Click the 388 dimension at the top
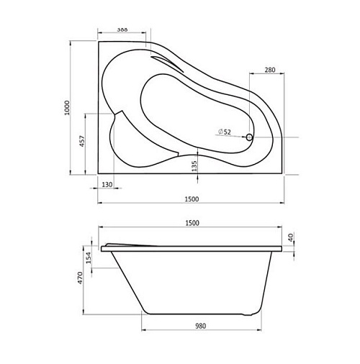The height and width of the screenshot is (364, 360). click(122, 29)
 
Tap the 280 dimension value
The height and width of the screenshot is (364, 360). click(270, 70)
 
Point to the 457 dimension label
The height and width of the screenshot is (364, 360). click(82, 141)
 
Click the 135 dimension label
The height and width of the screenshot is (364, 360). click(194, 166)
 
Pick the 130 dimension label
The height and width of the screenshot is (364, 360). click(107, 185)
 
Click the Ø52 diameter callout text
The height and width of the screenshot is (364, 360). click(225, 132)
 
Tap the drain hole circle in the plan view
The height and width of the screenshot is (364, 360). click(249, 137)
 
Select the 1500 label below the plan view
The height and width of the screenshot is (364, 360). click(192, 199)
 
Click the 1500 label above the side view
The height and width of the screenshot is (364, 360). click(192, 223)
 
